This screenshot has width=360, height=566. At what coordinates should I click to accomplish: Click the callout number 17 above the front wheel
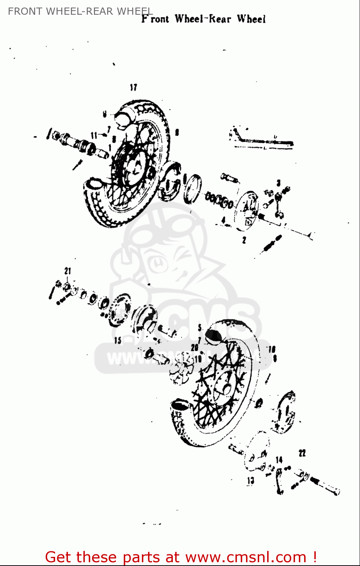click(133, 88)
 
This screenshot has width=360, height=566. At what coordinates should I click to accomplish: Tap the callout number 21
click(68, 271)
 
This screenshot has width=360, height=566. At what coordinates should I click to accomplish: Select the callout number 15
click(118, 340)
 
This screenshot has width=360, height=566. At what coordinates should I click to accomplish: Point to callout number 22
click(302, 453)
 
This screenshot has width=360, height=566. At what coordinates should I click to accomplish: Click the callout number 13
click(251, 481)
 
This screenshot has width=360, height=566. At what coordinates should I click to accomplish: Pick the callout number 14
click(279, 460)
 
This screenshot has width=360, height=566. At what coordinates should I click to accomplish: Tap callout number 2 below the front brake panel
click(244, 240)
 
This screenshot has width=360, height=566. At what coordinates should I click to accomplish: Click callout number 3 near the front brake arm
click(278, 183)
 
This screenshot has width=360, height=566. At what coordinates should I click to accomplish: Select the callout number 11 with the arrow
click(94, 135)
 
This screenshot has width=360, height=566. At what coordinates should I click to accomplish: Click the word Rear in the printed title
click(220, 19)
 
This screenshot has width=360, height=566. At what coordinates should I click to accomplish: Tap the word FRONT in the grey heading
click(24, 11)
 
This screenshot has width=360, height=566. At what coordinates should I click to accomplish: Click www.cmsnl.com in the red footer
click(246, 557)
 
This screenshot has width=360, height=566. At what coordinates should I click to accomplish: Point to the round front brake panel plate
click(248, 210)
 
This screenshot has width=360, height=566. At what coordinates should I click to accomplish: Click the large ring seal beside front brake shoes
click(192, 189)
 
